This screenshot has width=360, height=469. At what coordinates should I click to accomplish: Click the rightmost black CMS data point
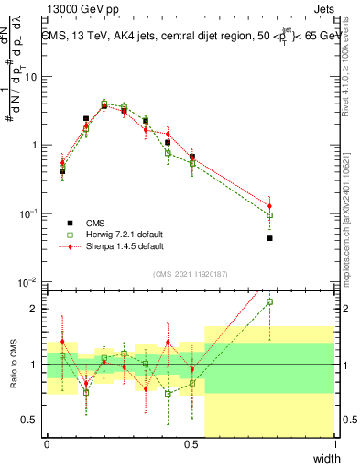[270, 238]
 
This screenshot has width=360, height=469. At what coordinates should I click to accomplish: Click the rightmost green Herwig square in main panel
[270, 215]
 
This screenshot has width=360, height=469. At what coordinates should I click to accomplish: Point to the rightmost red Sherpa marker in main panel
[270, 205]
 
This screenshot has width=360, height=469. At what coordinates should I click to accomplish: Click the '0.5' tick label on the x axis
[191, 445]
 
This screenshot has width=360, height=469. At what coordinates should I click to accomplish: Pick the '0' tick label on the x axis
[48, 445]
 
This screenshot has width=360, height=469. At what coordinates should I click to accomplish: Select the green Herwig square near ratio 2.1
[270, 301]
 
